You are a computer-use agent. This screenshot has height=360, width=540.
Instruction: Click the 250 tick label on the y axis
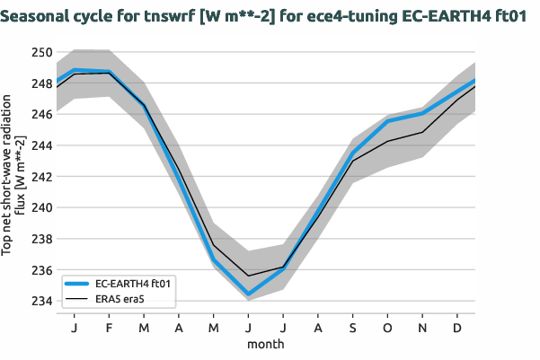[x=41, y=52]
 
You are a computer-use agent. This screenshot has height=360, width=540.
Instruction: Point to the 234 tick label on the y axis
[x=41, y=301]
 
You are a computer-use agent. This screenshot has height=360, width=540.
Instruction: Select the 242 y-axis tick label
[x=41, y=177]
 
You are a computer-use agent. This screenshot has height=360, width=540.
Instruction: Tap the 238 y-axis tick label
[x=41, y=239]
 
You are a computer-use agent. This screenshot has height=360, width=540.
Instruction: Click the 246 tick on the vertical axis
[x=41, y=114]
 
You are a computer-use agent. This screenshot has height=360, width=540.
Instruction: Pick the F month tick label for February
[x=109, y=329]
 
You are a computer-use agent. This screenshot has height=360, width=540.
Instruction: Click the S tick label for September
[x=352, y=329]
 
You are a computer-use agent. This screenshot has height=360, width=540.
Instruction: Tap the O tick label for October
[x=387, y=329]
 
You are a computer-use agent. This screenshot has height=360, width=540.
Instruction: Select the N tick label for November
[x=422, y=329]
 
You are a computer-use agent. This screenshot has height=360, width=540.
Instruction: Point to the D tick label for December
[x=457, y=329]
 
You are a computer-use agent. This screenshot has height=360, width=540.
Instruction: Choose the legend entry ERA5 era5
[x=120, y=298]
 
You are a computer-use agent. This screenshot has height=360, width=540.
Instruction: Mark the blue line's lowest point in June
[x=248, y=294]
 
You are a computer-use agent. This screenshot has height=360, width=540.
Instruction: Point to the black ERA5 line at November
[x=422, y=132]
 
